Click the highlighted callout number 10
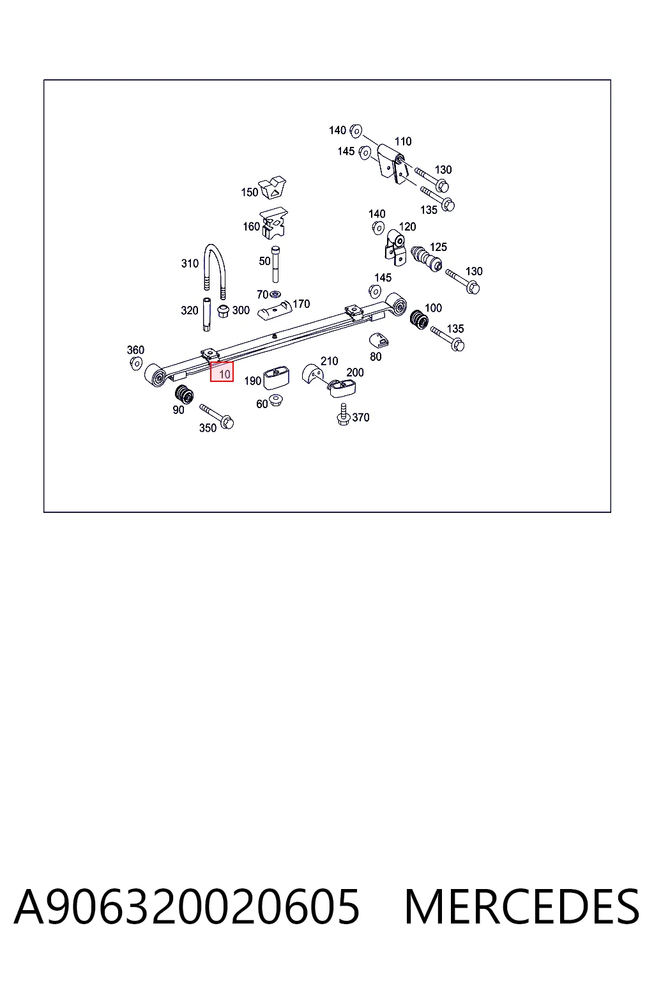pos(224,374)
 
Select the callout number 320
pos(189,310)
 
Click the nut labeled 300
pos(223,312)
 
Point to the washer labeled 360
pos(136,363)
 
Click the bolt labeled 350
pos(217,416)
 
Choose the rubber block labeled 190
pos(276,378)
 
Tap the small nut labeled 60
pos(275,400)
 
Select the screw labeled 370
pos(344,414)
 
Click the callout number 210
pos(329,361)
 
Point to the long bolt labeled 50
pos(275,264)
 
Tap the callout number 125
pos(438,247)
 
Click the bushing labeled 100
pos(419,319)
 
